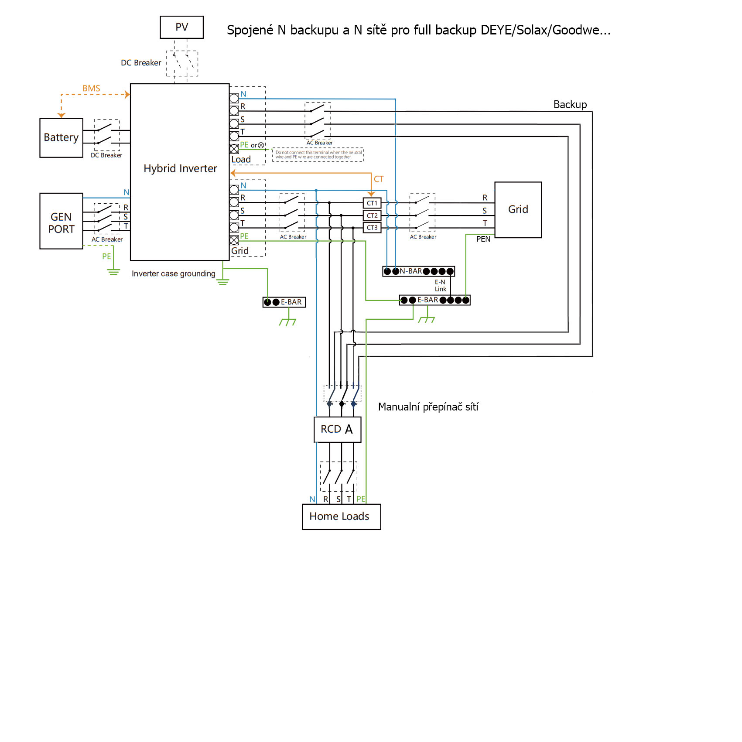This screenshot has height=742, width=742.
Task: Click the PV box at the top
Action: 181,27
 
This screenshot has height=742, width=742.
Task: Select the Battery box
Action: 61,138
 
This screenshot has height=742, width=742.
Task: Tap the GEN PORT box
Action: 61,221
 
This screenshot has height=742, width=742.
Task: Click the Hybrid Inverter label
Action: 180,168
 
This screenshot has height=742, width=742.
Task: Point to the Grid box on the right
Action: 518,210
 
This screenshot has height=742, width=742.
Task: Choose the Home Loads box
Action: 341,516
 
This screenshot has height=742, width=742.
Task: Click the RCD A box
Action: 337,430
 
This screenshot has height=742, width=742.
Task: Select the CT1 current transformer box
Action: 372,203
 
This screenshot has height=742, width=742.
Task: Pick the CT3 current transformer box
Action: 372,228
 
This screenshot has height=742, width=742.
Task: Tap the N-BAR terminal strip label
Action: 411,271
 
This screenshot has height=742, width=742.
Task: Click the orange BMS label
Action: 91,89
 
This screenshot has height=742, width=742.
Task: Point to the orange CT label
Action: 379,179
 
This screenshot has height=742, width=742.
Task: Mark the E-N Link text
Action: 440,286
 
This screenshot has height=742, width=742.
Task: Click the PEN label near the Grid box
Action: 483,239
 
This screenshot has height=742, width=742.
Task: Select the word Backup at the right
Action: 570,105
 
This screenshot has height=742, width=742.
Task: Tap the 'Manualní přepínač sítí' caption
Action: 428,407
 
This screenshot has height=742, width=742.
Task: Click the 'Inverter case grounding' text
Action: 173,274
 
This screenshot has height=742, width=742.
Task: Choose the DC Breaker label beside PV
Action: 141,63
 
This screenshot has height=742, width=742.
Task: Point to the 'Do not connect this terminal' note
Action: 318,155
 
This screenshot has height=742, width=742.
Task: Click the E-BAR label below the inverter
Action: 291,302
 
